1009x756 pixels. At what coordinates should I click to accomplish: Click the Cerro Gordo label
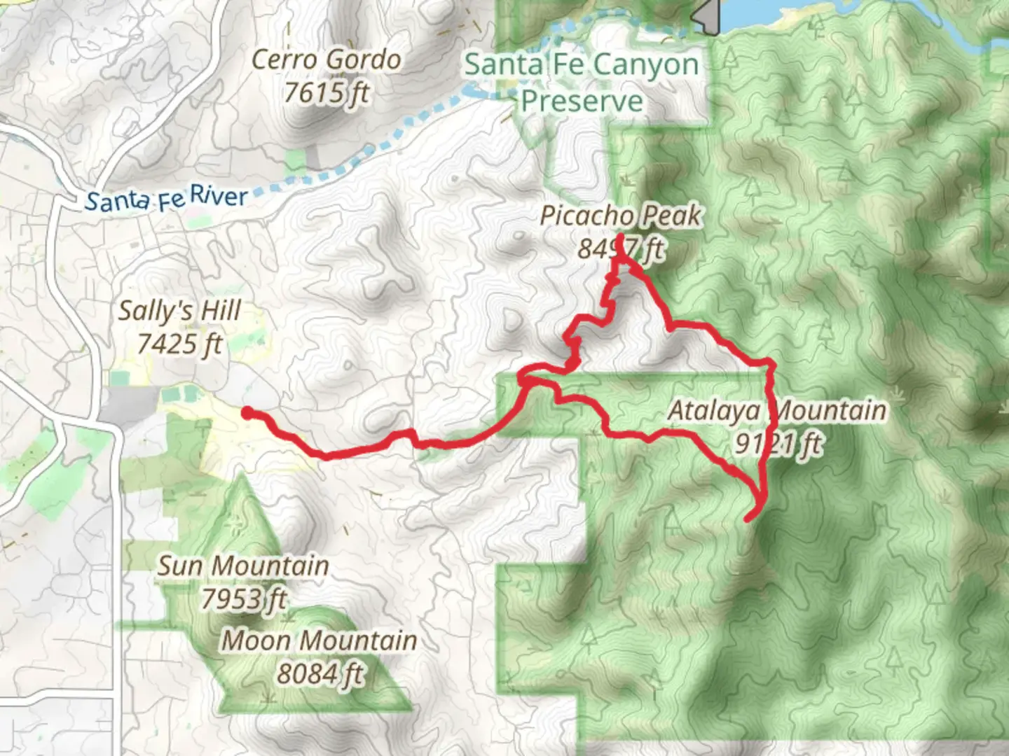pos(326,60)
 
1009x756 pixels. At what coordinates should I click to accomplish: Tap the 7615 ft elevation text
pos(326,92)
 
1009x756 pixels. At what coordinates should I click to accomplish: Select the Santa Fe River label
pos(166,199)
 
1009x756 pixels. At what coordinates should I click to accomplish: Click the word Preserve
pos(581,101)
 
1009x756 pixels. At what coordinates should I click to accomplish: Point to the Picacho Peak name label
pos(620,216)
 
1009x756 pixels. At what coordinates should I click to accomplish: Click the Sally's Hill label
pos(179,311)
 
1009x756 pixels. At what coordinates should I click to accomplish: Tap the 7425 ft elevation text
pos(179,344)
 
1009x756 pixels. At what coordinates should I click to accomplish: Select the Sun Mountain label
pos(242,566)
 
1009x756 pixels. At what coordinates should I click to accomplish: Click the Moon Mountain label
pos(320,640)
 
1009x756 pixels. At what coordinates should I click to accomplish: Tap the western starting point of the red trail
pos(247,412)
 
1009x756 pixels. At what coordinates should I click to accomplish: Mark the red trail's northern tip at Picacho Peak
pos(621,237)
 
